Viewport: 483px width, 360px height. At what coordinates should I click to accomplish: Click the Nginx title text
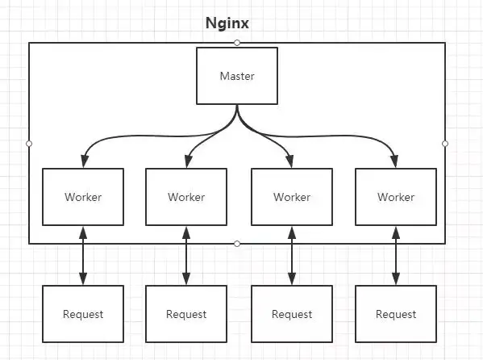point(227,23)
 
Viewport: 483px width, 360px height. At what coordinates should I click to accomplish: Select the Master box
point(237,76)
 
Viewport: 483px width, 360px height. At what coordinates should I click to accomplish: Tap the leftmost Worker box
point(83,197)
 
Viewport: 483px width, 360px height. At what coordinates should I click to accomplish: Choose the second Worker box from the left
point(186,197)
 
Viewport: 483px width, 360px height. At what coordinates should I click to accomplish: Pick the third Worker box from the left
point(292,197)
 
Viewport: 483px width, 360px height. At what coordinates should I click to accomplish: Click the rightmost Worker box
point(396,197)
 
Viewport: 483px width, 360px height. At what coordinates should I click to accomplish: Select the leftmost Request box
point(83,314)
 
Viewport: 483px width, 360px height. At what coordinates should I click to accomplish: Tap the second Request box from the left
point(186,314)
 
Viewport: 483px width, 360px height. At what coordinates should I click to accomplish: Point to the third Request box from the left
point(292,314)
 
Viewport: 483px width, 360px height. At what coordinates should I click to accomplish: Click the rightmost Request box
point(396,314)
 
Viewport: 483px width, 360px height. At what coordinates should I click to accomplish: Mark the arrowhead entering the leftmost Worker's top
point(85,161)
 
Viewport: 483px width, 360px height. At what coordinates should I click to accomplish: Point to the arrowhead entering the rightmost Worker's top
point(394,161)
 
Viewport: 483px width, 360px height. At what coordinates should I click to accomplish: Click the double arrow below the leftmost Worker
point(83,255)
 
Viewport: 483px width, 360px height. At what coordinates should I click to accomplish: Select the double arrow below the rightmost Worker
point(396,255)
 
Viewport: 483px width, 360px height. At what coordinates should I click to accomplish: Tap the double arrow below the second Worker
point(186,255)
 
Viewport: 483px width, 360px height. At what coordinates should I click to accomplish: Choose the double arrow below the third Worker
point(292,255)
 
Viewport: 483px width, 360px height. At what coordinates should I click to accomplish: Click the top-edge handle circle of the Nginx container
point(237,43)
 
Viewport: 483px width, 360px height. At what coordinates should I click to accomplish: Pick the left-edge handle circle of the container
point(29,144)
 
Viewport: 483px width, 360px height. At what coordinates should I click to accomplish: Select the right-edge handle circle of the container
point(445,144)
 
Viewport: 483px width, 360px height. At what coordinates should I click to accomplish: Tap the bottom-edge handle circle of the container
point(237,244)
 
